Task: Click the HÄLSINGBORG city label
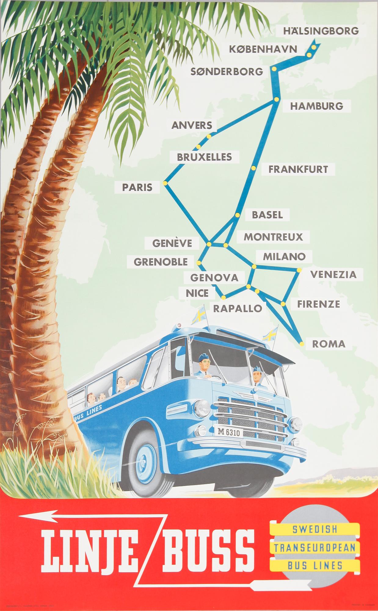(321, 31)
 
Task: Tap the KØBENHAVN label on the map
(263, 49)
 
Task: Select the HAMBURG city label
(316, 106)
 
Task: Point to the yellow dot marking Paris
(165, 183)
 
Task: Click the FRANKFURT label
(298, 169)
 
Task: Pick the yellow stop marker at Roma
(302, 344)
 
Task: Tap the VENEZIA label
(333, 274)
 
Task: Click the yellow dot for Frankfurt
(253, 168)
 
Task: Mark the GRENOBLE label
(161, 262)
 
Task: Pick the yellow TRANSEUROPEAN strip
(314, 547)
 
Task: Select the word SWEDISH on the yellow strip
(314, 529)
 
